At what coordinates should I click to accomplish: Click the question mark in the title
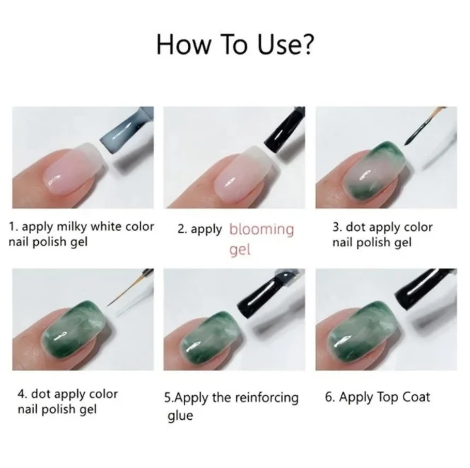click(x=307, y=45)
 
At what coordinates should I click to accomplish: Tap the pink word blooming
click(x=261, y=229)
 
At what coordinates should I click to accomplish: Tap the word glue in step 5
click(x=180, y=416)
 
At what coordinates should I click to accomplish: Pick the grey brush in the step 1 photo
click(x=131, y=135)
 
